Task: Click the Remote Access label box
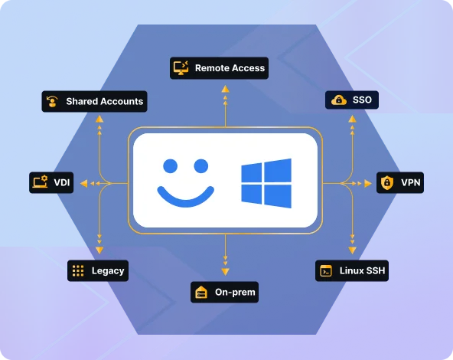(x=219, y=68)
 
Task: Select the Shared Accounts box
(x=94, y=101)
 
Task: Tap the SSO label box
(x=352, y=100)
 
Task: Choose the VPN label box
(x=400, y=182)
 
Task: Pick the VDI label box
(x=51, y=182)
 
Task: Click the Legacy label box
(x=98, y=270)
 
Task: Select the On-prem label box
(x=224, y=292)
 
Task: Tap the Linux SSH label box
(x=352, y=270)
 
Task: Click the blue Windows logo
(x=266, y=183)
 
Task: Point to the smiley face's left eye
(x=171, y=166)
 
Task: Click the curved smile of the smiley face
(x=185, y=199)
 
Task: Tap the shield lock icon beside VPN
(x=387, y=182)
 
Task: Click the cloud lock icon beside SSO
(x=339, y=100)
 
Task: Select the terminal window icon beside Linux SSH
(x=326, y=270)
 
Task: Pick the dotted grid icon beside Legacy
(x=78, y=270)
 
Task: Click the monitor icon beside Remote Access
(x=181, y=68)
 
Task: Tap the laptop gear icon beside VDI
(x=40, y=182)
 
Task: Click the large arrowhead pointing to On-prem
(x=225, y=271)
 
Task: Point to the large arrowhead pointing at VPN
(x=368, y=183)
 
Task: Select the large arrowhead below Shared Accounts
(x=99, y=119)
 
